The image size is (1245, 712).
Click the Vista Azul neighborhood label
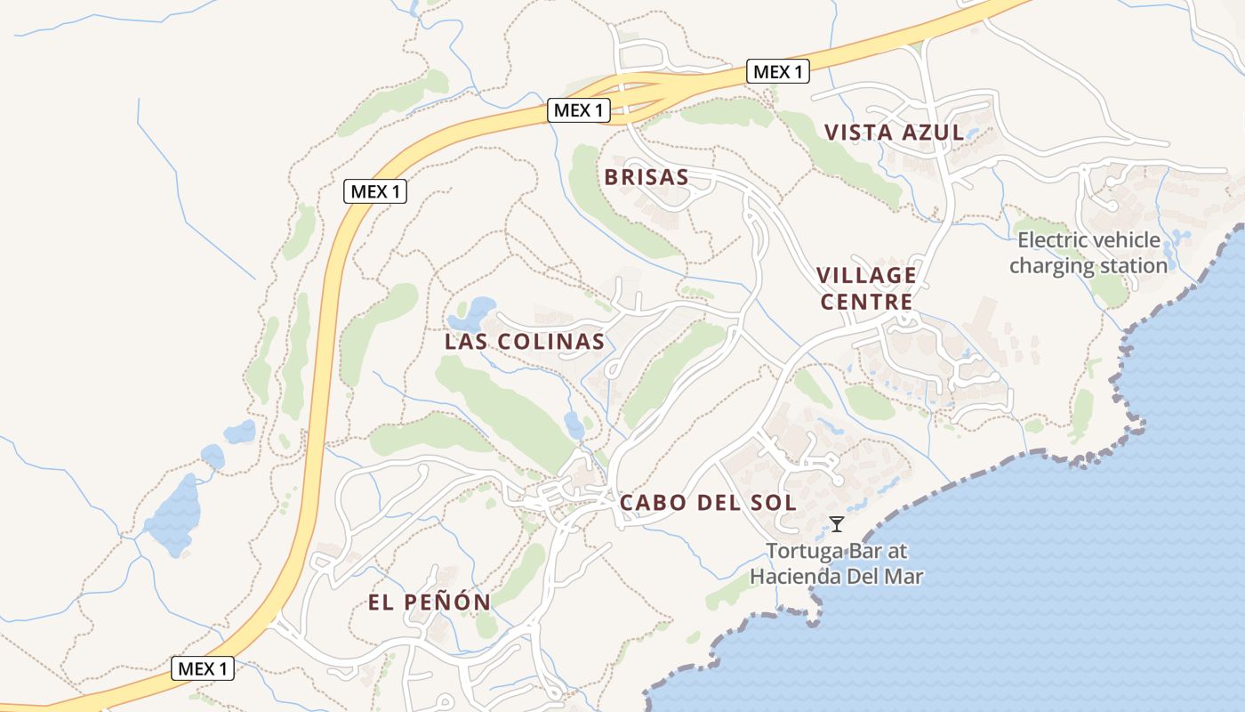pyautogui.click(x=893, y=133)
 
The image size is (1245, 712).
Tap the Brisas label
pyautogui.click(x=647, y=176)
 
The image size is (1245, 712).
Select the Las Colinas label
pyautogui.click(x=525, y=341)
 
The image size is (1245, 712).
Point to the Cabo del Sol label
pyautogui.click(x=707, y=502)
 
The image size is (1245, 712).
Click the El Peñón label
pyautogui.click(x=429, y=603)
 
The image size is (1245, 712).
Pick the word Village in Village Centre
pyautogui.click(x=865, y=274)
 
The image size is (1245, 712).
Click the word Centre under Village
pyautogui.click(x=866, y=302)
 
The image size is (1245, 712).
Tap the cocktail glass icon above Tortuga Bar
pyautogui.click(x=836, y=523)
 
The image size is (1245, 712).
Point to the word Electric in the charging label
pyautogui.click(x=1051, y=239)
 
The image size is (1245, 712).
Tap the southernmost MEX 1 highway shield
pyautogui.click(x=203, y=668)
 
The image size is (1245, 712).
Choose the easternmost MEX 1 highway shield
pyautogui.click(x=778, y=71)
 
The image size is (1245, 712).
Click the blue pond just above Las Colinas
pyautogui.click(x=477, y=309)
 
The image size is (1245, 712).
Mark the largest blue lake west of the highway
pyautogui.click(x=173, y=515)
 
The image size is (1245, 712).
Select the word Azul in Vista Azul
pyautogui.click(x=932, y=133)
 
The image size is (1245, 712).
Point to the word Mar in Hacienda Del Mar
pyautogui.click(x=905, y=576)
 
